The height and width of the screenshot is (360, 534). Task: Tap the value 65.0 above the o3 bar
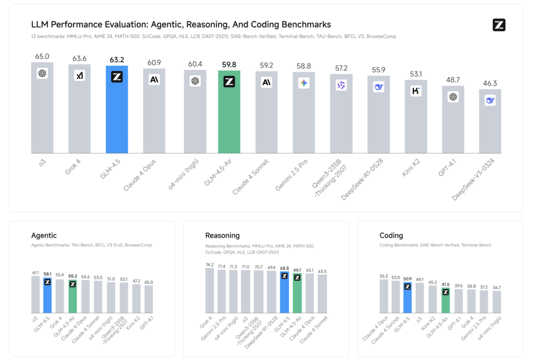click(42, 56)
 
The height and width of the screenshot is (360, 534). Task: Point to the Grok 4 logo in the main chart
click(80, 76)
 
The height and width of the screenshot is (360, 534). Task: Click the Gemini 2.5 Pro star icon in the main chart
click(304, 83)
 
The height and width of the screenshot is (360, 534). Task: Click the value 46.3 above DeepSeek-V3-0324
click(490, 83)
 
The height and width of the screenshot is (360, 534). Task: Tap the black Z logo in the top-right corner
click(499, 25)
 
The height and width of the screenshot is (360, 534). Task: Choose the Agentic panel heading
click(44, 236)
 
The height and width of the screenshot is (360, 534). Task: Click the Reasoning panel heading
click(223, 236)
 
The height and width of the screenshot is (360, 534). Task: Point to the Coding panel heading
click(391, 236)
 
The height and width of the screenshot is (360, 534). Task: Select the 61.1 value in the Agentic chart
click(35, 272)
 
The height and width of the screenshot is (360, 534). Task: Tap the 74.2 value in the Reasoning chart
click(210, 265)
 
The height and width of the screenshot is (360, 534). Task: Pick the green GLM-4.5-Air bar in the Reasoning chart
click(297, 295)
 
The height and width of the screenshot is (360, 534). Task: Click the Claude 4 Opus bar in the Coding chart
click(384, 296)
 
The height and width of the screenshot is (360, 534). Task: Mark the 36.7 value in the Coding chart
click(496, 287)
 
